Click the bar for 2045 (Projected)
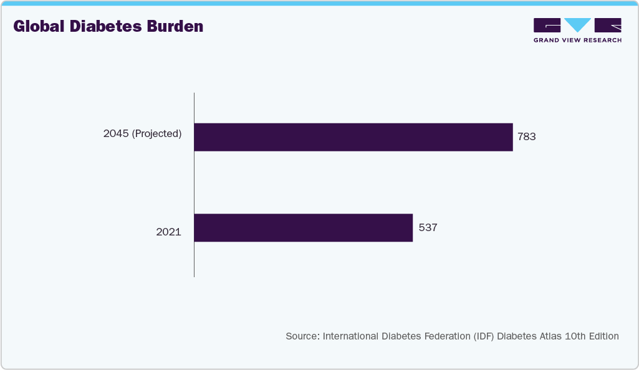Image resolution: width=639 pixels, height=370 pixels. click(353, 137)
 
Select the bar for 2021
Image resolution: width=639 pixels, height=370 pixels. click(303, 228)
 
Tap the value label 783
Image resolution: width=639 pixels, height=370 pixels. click(527, 137)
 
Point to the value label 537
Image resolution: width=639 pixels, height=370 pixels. click(428, 228)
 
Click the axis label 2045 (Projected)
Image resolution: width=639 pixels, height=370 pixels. click(142, 133)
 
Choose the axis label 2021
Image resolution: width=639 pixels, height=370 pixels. click(168, 232)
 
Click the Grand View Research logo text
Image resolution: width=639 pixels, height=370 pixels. click(577, 40)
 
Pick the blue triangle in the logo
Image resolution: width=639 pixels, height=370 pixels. click(578, 26)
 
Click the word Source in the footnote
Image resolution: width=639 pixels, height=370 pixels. click(301, 336)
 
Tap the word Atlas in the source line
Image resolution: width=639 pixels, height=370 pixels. click(549, 336)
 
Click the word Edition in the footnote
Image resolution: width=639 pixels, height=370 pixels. click(602, 336)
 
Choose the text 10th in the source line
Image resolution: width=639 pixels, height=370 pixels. click(574, 336)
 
